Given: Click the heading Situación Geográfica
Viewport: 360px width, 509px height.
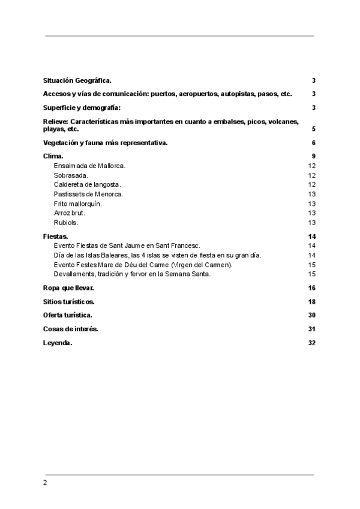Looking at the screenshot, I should tap(77, 80).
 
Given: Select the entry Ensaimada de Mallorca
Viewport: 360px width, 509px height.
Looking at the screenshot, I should tap(89, 165).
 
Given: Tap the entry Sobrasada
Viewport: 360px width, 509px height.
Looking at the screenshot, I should tap(71, 175).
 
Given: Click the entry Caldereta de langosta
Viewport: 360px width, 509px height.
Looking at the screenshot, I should tap(88, 184).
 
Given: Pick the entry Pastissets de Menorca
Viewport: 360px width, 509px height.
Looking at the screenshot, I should tap(88, 194).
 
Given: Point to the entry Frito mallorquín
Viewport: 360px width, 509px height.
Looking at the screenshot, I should tap(78, 203).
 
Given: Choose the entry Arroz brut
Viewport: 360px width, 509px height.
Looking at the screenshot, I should tap(70, 213).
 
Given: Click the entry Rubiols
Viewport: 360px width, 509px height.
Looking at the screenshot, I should tap(67, 223).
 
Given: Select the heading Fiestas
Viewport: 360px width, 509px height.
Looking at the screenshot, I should tap(56, 236).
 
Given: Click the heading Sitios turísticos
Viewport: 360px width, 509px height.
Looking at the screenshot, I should tap(69, 301).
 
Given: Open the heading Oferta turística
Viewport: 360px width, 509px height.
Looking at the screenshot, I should tap(68, 315).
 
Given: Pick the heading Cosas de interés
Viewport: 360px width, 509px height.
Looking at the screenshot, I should tap(71, 329).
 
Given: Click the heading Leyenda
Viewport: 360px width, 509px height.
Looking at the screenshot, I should tap(58, 343).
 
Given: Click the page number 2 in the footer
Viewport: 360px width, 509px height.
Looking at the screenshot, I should tap(45, 483).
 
